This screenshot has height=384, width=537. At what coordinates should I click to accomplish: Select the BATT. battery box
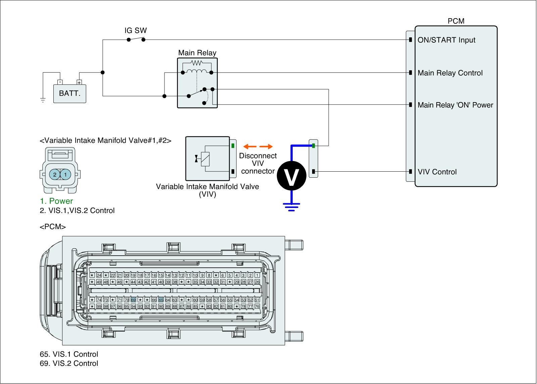pos(70,93)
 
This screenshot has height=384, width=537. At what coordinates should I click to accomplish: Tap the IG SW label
pos(136,31)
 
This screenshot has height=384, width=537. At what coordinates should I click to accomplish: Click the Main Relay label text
pos(197,53)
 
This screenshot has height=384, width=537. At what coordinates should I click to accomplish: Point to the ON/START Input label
pos(446,40)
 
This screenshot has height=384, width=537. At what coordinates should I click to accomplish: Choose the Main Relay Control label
pos(450,73)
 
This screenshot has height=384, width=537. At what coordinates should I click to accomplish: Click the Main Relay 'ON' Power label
pos(455,105)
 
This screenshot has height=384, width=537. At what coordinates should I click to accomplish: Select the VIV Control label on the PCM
pos(437,172)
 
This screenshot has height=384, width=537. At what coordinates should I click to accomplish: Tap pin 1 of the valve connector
pos(66,174)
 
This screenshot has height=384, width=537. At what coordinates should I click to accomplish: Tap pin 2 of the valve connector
pos(54,174)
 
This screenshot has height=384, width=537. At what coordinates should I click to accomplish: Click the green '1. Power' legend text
pos(56,201)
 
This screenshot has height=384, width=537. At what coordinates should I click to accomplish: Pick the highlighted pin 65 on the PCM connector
pos(161,300)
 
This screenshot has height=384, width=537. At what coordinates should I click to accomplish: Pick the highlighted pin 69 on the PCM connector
pos(133,300)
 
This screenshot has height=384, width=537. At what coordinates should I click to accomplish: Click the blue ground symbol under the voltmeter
pos(291,206)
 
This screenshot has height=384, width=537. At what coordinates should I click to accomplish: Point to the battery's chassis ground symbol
pos(43,99)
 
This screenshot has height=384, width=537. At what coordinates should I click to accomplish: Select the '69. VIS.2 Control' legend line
pos(69,363)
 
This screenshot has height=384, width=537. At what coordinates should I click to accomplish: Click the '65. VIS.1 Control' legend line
pos(69,354)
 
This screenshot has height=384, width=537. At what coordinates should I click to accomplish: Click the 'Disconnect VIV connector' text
pos(258,164)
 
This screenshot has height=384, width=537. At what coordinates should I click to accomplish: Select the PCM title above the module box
pos(456,21)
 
